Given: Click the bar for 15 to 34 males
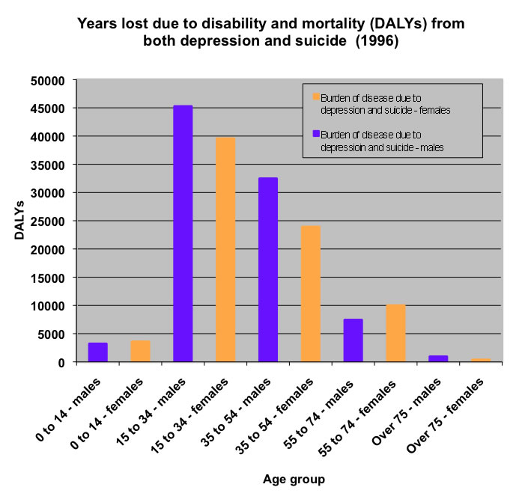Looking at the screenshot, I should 183,233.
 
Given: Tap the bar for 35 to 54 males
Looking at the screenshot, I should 268,269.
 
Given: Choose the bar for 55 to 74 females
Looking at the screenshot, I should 396,334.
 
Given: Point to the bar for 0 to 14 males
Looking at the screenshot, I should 98,352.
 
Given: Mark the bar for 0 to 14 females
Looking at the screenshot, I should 141,352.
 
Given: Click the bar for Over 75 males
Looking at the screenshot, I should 438,358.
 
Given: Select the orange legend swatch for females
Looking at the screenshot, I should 316,97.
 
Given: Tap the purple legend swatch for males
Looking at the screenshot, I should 316,135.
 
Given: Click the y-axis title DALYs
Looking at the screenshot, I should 20,221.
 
